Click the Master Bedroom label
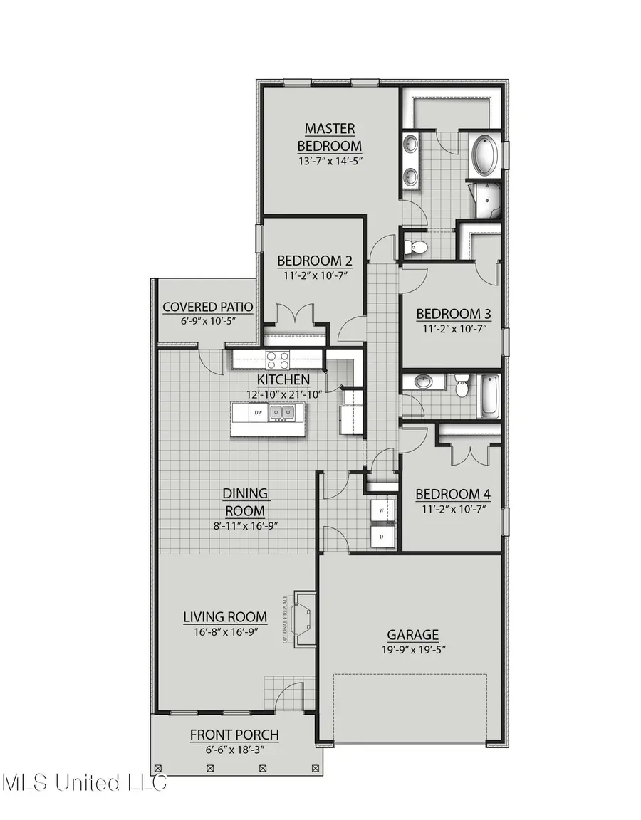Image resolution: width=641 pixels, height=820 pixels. (329, 137)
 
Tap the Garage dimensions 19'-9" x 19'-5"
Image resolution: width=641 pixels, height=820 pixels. (412, 649)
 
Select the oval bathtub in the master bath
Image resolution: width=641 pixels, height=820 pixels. (485, 157)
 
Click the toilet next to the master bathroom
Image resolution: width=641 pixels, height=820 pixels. (416, 248)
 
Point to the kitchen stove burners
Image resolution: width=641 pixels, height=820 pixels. (277, 359)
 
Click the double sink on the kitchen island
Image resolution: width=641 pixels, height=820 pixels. (282, 413)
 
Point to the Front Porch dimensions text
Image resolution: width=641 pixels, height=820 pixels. (234, 750)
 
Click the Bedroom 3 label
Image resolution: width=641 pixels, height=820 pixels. (453, 313)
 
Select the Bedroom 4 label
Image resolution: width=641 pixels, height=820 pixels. (453, 494)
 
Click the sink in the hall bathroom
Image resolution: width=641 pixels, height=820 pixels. (423, 382)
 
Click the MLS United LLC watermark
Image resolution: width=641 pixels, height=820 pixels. (84, 783)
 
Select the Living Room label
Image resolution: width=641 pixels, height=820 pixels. (225, 617)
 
